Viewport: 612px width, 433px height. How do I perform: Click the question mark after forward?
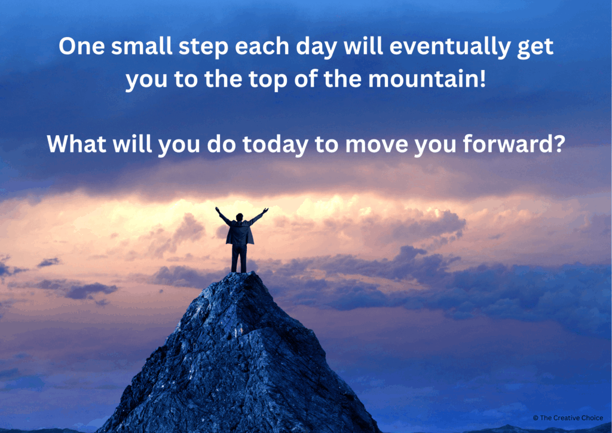pyautogui.click(x=558, y=144)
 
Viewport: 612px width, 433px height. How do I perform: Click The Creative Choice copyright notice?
pyautogui.click(x=567, y=417)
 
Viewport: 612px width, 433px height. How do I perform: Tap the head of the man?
pyautogui.click(x=240, y=217)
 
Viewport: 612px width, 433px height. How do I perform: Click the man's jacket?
pyautogui.click(x=240, y=233)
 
